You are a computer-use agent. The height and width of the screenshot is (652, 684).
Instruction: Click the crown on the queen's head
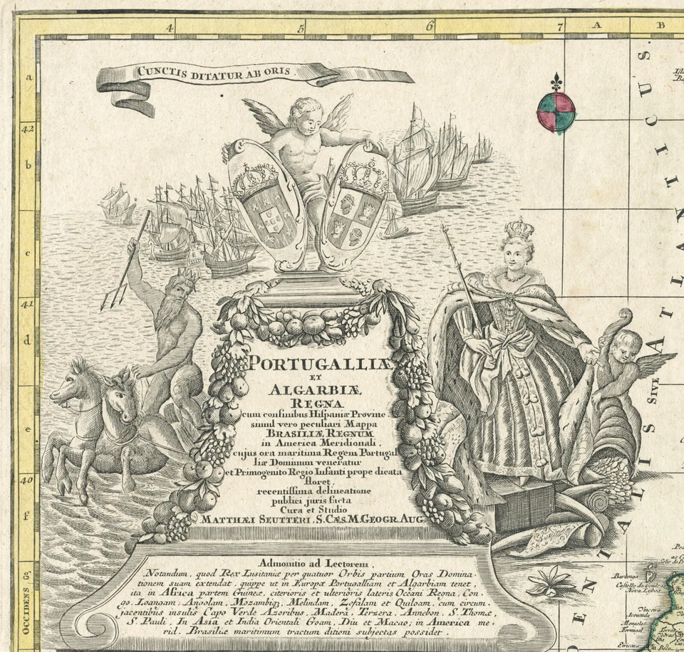coord(519,230)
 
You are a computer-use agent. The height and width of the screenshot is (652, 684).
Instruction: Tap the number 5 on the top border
coord(301,28)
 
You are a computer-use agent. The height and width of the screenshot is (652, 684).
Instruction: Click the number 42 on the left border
coord(27,130)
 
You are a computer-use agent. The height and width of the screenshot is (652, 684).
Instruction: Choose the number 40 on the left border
coord(27,480)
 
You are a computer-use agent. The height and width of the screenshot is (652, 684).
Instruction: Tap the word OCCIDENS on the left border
coord(27,611)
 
